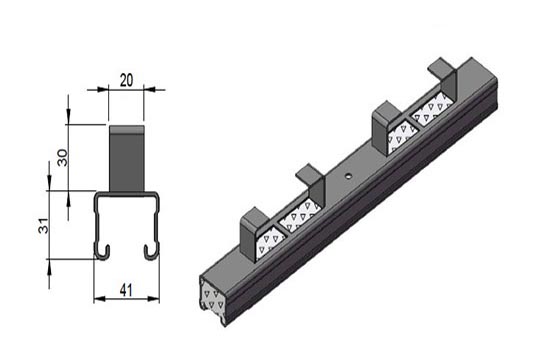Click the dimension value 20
(x=126, y=80)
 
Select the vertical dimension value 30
(x=63, y=158)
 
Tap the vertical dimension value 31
(x=43, y=226)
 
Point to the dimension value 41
(x=126, y=291)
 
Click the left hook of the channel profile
(x=102, y=252)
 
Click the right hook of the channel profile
(x=152, y=252)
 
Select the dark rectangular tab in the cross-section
(x=127, y=159)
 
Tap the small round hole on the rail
(x=348, y=176)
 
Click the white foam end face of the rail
(x=212, y=297)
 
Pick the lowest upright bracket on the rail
(x=255, y=233)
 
